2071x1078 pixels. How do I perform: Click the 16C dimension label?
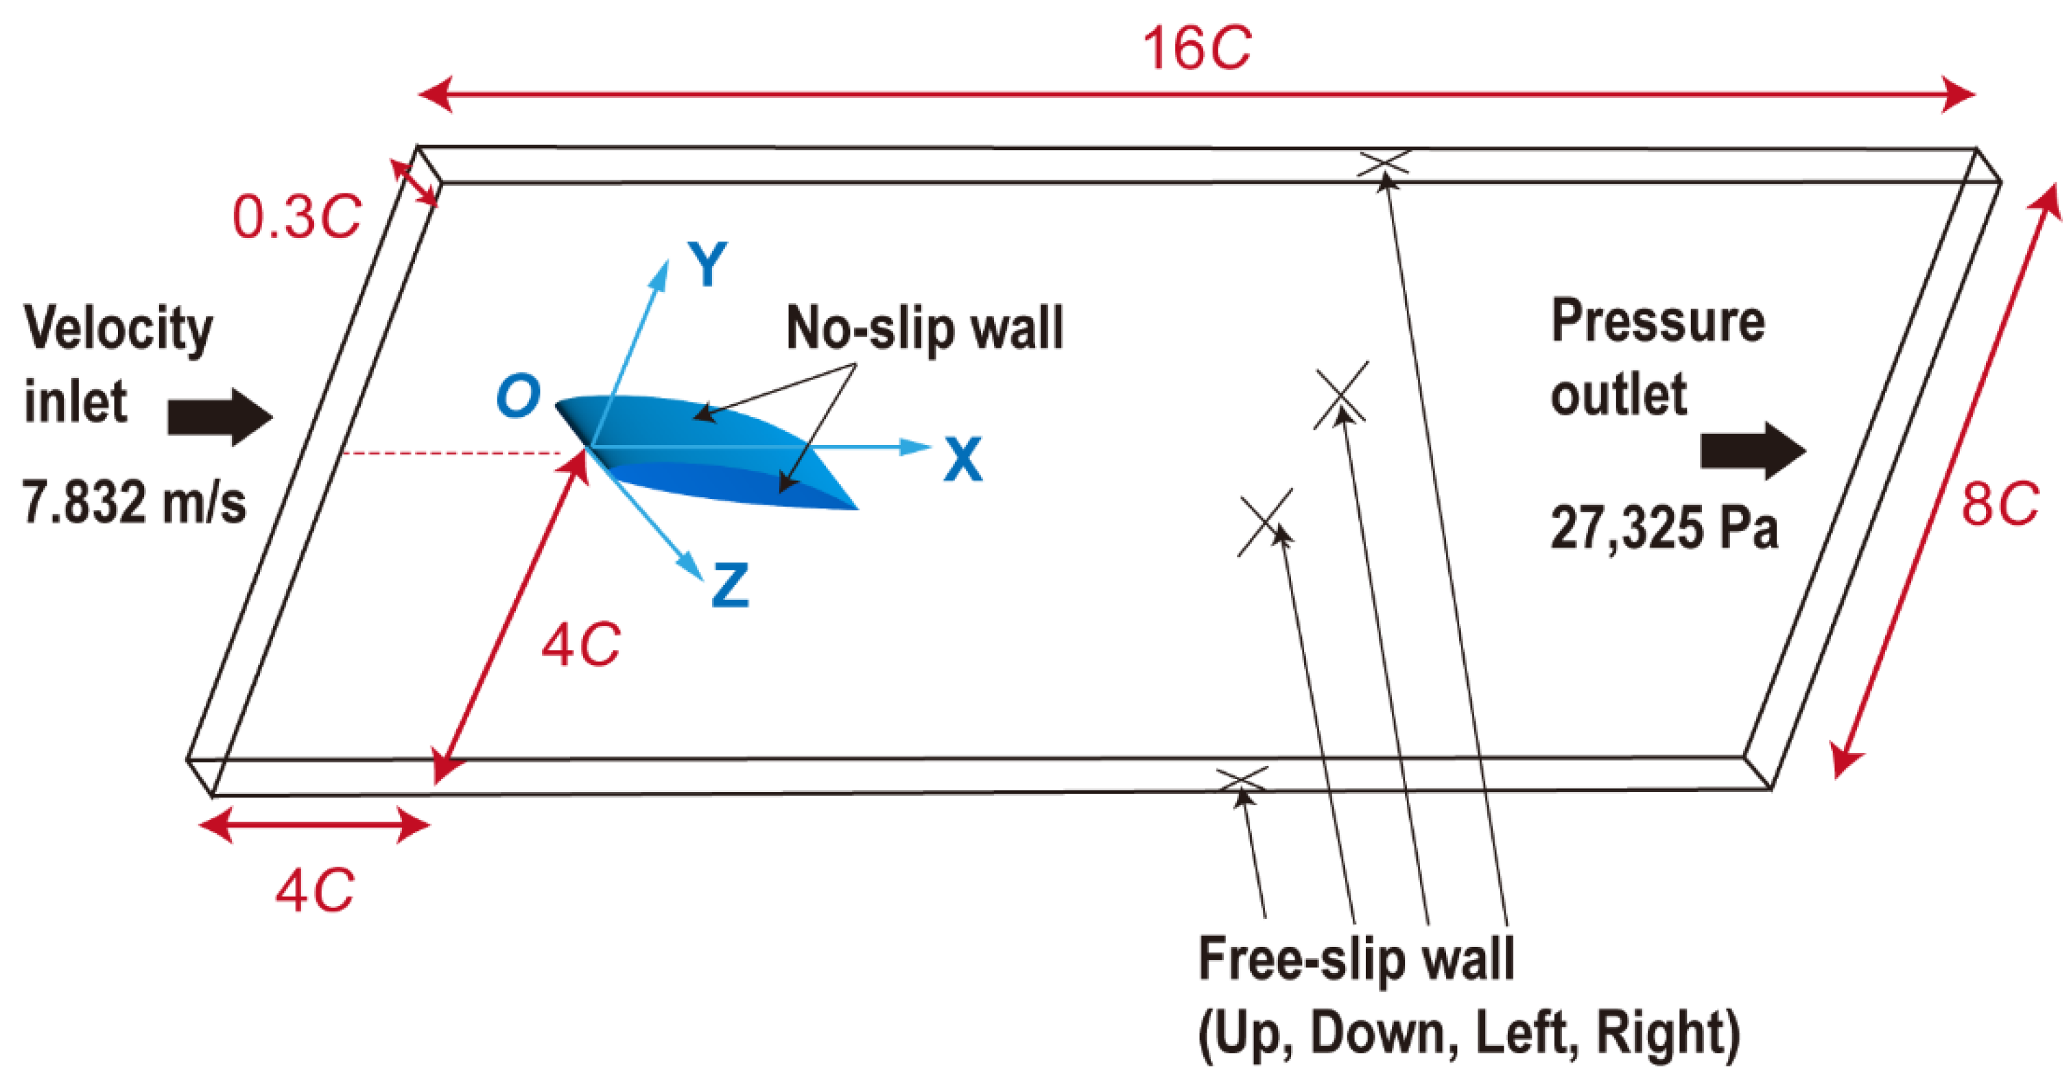coord(1196,48)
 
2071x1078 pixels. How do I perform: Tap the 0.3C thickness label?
coord(296,217)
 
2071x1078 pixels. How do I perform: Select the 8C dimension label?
coord(2000,505)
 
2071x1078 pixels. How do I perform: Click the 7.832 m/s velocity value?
coord(134,503)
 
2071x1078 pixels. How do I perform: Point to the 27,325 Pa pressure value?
coord(1663,528)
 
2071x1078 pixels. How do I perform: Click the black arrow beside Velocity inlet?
coord(220,417)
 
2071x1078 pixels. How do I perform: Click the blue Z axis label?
coord(730,585)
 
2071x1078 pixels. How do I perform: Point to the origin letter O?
coord(518,396)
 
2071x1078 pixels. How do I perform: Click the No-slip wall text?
coord(925,328)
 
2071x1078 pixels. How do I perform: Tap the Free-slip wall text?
coord(1356,959)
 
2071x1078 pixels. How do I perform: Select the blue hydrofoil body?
coord(707,450)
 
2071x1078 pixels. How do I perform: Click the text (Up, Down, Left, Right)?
coord(1469,1033)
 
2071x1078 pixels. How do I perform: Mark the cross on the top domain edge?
coord(1384,163)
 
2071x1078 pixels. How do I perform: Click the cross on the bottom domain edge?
coord(1242,778)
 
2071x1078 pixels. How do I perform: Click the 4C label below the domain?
coord(314,891)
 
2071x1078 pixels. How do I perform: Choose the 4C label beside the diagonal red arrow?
coord(580,645)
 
